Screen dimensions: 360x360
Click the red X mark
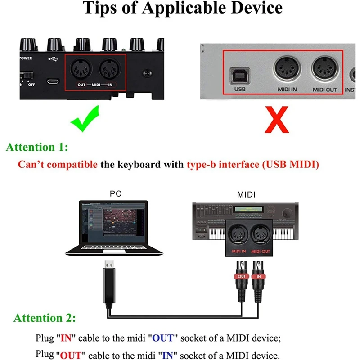click(x=271, y=118)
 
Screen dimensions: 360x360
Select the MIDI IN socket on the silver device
click(x=287, y=69)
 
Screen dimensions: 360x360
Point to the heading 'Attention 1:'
click(x=37, y=147)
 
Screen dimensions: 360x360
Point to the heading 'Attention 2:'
click(x=45, y=318)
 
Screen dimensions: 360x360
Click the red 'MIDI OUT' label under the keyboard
click(x=260, y=251)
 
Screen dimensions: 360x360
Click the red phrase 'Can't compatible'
click(x=58, y=164)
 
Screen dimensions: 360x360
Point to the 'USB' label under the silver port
click(x=239, y=90)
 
